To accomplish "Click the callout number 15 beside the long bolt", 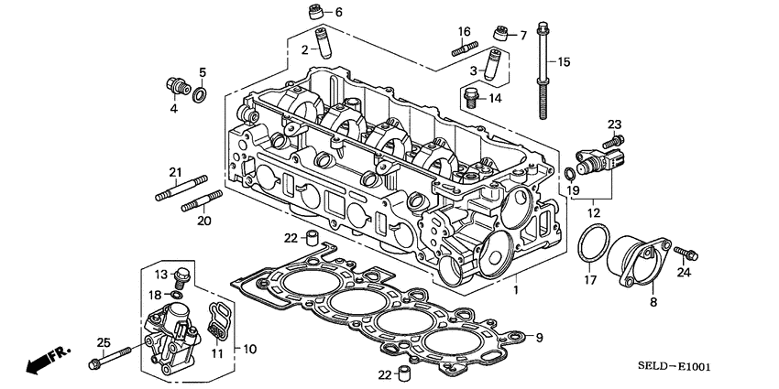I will click(564, 61).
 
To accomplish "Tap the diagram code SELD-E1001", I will click(669, 367).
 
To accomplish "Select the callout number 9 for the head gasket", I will click(540, 338).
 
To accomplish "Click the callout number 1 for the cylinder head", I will click(515, 290).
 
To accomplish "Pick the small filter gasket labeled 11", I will click(215, 323).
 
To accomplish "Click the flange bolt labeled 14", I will click(470, 96).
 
